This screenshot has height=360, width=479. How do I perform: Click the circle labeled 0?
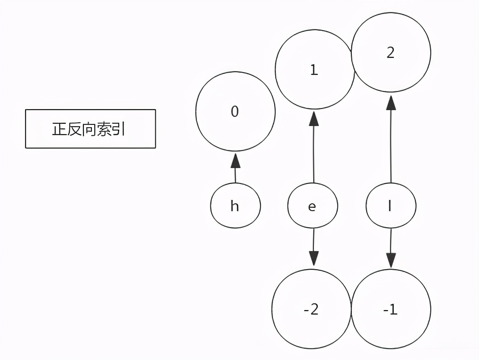click(235, 112)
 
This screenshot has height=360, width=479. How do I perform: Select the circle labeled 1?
click(314, 70)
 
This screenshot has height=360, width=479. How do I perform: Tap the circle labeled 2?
click(390, 53)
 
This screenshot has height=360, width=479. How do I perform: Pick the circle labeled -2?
click(311, 309)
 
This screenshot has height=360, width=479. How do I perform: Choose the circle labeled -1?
click(390, 309)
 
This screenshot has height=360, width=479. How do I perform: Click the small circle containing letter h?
click(235, 206)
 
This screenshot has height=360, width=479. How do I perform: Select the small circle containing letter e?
click(312, 206)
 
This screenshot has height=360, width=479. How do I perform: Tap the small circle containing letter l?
click(390, 206)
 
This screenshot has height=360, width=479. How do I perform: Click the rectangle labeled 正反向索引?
click(90, 129)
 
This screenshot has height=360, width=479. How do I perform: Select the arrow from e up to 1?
click(313, 148)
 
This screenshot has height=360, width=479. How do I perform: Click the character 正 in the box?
click(59, 129)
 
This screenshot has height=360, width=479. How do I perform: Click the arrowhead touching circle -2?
click(312, 259)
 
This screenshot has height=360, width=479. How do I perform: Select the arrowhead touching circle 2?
click(390, 103)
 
